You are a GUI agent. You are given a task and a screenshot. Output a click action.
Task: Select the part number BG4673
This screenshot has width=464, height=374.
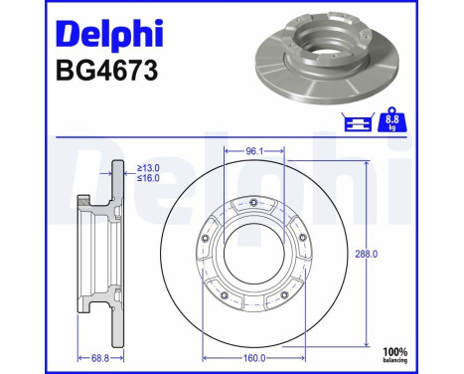[98, 72]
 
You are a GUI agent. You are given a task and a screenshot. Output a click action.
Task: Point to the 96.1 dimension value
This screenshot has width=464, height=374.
[257, 151]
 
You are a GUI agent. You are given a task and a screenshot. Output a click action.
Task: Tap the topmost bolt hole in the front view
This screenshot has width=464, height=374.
[257, 204]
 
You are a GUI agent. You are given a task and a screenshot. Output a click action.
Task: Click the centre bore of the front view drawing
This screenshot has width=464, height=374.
[257, 255]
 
